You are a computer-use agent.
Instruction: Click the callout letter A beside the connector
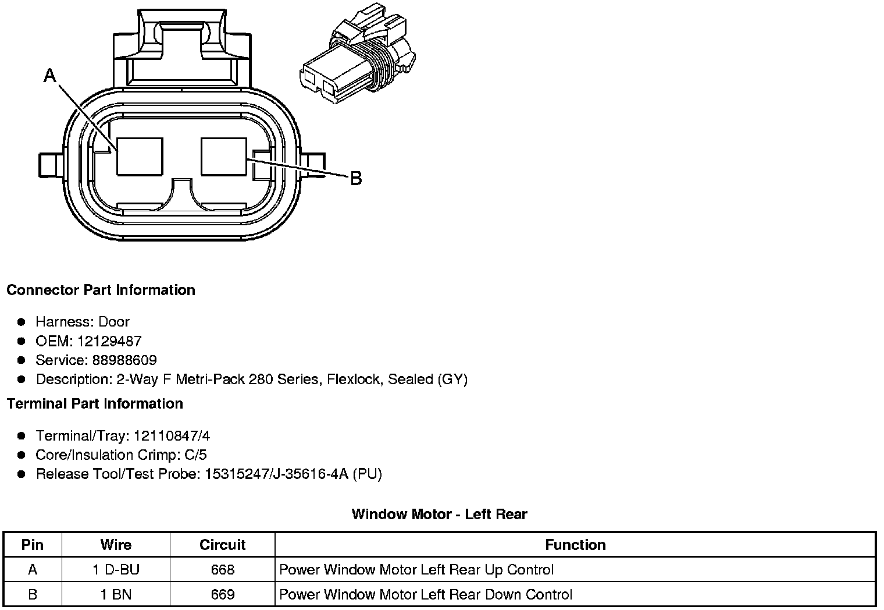coord(51,75)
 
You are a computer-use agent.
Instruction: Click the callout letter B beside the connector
coord(355,178)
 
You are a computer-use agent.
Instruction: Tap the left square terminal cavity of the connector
coord(140,156)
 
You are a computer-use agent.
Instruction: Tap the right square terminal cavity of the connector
coord(224,156)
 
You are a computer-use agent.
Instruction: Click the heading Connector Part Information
coord(101,290)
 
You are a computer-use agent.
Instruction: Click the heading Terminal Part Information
coord(95,403)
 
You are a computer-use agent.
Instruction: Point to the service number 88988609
coord(124,360)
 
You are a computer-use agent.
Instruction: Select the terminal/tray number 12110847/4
coord(172,435)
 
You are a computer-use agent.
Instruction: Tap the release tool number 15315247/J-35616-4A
coord(276,474)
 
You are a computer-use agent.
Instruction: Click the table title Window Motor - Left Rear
coord(439,514)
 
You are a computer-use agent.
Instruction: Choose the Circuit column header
coord(222,545)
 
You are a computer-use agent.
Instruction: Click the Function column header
coord(575,545)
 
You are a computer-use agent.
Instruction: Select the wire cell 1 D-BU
coord(116,569)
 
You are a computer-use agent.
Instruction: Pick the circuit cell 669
coord(222,594)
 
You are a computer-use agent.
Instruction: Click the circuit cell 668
coord(222,569)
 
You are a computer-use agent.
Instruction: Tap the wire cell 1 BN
coord(116,594)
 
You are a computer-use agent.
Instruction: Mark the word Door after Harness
coord(114,321)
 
